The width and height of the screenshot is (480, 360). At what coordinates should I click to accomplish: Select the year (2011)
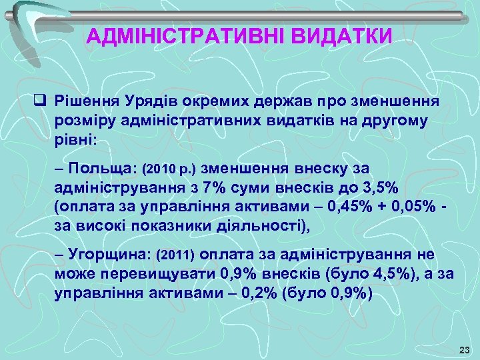coord(175,254)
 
